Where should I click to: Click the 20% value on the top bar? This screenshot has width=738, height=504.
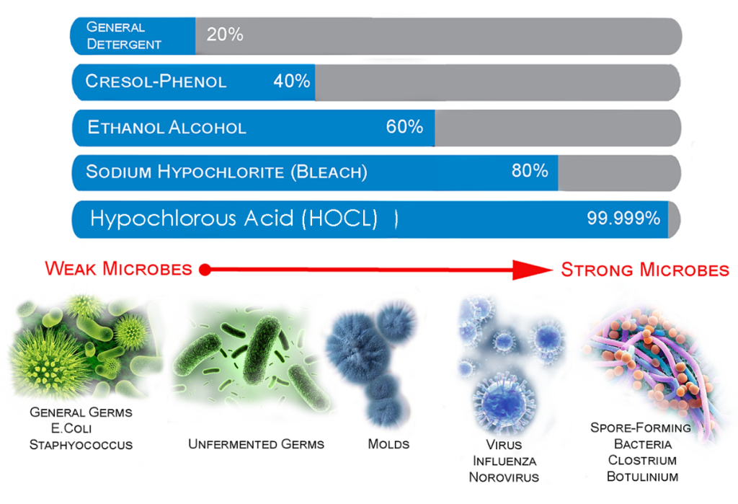coord(225,35)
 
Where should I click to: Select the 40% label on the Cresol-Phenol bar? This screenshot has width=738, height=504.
coord(292,81)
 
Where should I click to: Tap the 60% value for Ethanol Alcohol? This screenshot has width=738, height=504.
coord(404,127)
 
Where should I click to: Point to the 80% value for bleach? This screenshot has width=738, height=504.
coord(530,170)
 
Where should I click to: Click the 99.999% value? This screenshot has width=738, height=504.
coord(623,218)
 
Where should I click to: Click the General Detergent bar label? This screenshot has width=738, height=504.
coord(124,36)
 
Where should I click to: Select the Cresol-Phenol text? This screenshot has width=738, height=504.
coord(156,81)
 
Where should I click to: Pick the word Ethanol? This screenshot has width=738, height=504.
coord(125,127)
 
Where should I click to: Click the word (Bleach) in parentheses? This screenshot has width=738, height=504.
coord(329,172)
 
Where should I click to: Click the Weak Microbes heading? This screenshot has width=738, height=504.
coord(119,268)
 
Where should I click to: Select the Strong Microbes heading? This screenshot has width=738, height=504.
coord(645,270)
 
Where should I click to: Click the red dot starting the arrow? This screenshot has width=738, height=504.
coord(205,270)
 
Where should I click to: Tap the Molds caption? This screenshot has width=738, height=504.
coord(388,444)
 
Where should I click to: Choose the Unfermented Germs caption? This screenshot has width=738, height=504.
coord(256,444)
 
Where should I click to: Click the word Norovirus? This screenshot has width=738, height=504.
coord(504,477)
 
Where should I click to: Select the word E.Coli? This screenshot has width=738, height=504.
coord(71,428)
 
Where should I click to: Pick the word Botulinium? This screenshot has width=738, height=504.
coord(642,477)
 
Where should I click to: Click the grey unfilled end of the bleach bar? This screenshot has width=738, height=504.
coord(619,173)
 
